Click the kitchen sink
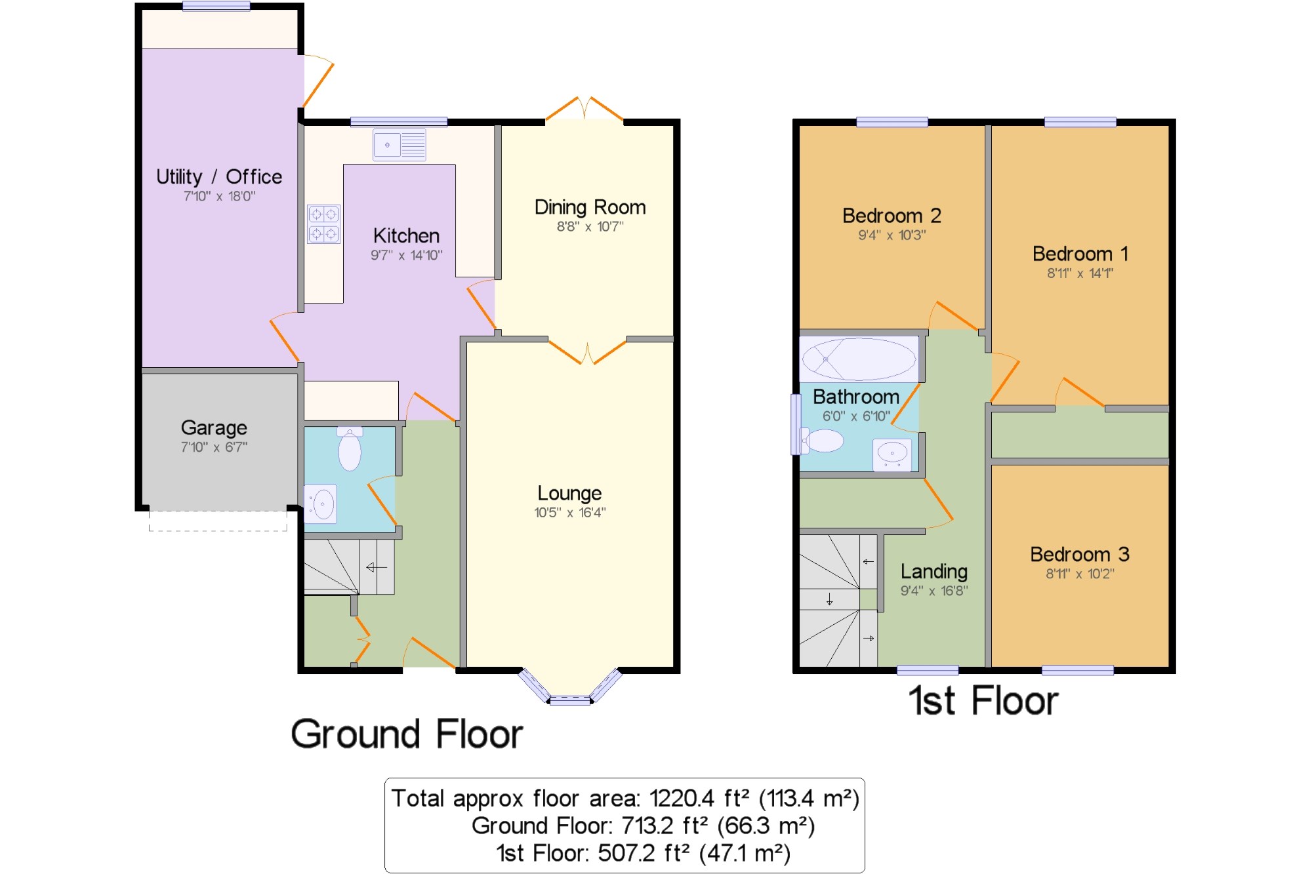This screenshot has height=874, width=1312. [400, 145]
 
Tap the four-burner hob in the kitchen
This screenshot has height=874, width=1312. [324, 224]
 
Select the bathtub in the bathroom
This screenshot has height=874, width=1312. [859, 359]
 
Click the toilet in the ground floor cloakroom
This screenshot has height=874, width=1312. [350, 448]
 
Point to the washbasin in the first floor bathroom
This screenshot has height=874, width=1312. [892, 454]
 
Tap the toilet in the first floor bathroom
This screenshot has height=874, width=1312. [821, 441]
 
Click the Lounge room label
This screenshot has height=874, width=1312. [569, 493]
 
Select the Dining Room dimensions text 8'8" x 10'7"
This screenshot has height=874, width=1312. [590, 227]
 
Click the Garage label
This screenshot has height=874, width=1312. [214, 428]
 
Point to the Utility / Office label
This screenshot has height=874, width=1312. [219, 176]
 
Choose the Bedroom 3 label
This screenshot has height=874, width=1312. [1080, 555]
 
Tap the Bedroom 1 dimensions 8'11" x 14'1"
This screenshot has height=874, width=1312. [1080, 273]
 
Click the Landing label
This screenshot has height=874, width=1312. [934, 572]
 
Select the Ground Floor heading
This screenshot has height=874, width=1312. [407, 734]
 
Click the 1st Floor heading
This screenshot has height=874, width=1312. [983, 700]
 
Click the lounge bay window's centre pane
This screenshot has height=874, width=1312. [570, 701]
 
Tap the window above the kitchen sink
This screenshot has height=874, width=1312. [399, 121]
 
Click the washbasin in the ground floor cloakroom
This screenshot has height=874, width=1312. [321, 504]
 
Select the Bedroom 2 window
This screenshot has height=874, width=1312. [892, 122]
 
